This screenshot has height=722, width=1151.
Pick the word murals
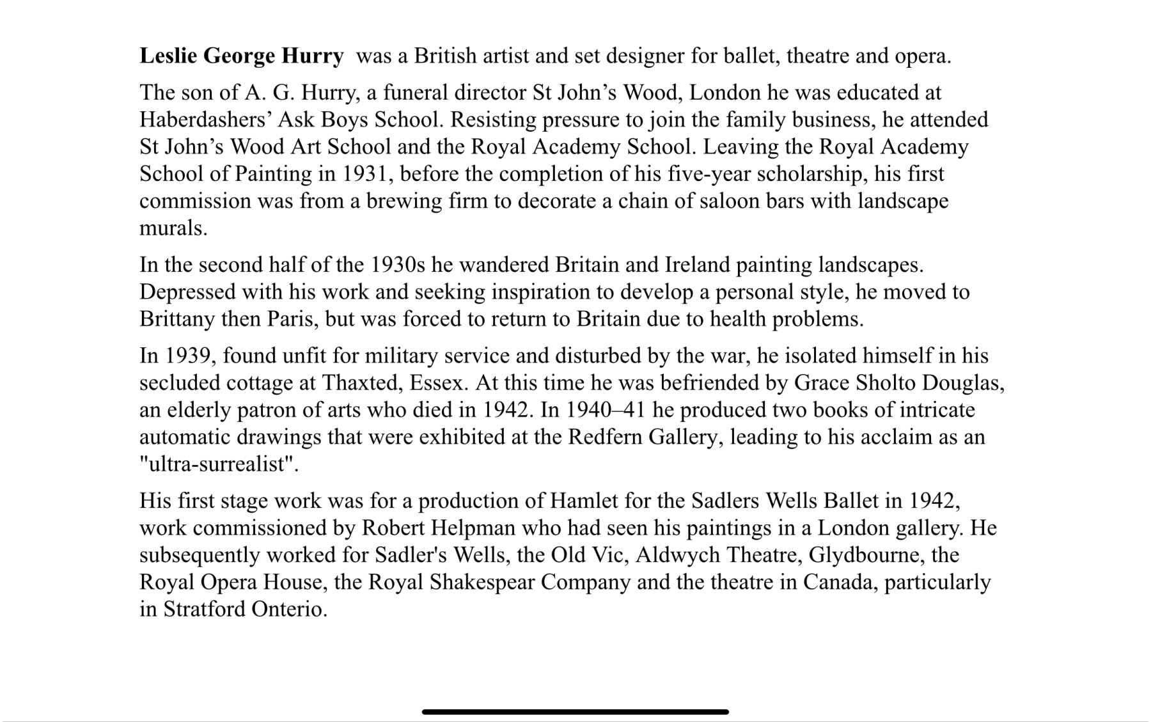[x=173, y=228]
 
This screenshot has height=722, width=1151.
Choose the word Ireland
[x=697, y=265]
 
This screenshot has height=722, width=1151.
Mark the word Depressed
[x=187, y=292]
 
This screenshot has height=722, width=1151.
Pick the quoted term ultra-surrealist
[x=219, y=464]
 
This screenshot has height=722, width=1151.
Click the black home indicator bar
[x=575, y=712]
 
